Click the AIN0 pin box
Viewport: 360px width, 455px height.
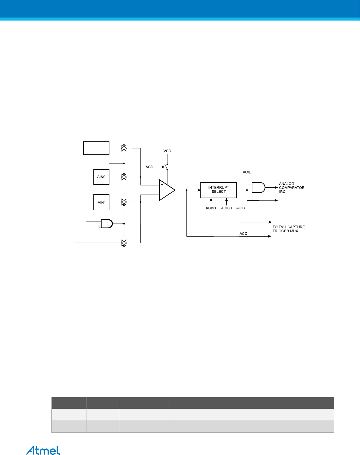click(101, 177)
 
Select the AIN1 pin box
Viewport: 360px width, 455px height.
click(101, 202)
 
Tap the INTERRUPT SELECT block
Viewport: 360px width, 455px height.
click(219, 190)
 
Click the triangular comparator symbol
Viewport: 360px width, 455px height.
click(167, 190)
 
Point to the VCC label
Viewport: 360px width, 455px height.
click(167, 151)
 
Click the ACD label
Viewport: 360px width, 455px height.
click(149, 167)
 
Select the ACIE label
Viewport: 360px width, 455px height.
click(247, 172)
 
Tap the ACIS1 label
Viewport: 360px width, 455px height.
click(211, 208)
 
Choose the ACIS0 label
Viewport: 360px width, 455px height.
click(226, 208)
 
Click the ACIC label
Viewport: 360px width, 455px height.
click(241, 208)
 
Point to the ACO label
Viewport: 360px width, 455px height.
click(243, 234)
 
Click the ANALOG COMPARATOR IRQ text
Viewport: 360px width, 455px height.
click(291, 188)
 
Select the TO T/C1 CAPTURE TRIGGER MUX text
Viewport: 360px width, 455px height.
click(288, 229)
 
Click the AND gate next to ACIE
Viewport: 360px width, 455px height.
click(258, 188)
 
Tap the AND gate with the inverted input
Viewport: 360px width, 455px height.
click(106, 224)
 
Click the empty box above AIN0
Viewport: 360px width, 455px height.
click(96, 148)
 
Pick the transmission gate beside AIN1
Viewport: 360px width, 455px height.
click(124, 202)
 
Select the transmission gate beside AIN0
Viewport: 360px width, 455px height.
click(124, 177)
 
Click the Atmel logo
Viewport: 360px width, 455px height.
click(43, 450)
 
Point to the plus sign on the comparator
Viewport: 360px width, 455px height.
click(162, 184)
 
